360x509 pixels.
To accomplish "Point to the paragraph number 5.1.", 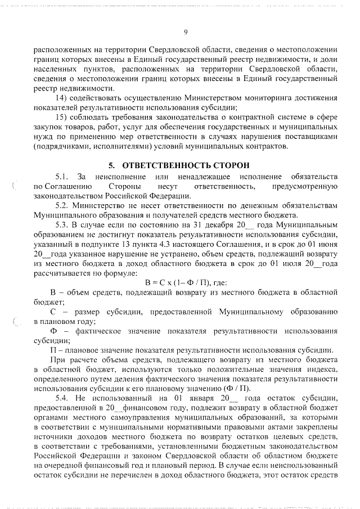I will pos(62,178).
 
